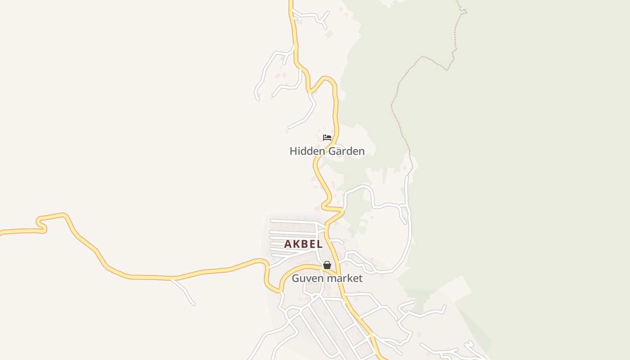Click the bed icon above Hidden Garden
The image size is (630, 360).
327,138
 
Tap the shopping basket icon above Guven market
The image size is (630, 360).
327,265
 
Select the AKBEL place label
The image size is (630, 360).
303,244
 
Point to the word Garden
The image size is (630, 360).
346,151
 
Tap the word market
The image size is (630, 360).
345,279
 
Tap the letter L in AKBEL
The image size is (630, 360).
320,244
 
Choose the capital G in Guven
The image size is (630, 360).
296,279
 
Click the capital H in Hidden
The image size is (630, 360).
293,151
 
